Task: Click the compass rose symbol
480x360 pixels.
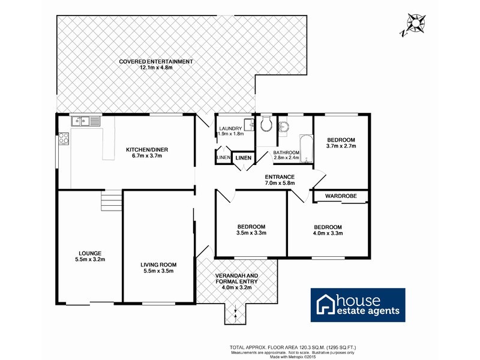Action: (415, 23)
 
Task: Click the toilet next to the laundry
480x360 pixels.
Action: (266, 124)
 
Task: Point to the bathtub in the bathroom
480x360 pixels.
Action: (307, 149)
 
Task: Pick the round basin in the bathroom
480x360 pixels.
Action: (284, 127)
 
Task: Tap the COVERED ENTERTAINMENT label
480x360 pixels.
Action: (155, 62)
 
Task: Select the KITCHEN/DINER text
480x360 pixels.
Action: (143, 149)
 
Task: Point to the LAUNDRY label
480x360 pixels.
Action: (230, 128)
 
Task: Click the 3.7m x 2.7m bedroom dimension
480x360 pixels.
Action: (341, 146)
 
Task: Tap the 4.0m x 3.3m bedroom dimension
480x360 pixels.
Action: (328, 233)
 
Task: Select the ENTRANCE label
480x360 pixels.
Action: (280, 177)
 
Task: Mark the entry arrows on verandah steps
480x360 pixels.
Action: (236, 311)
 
